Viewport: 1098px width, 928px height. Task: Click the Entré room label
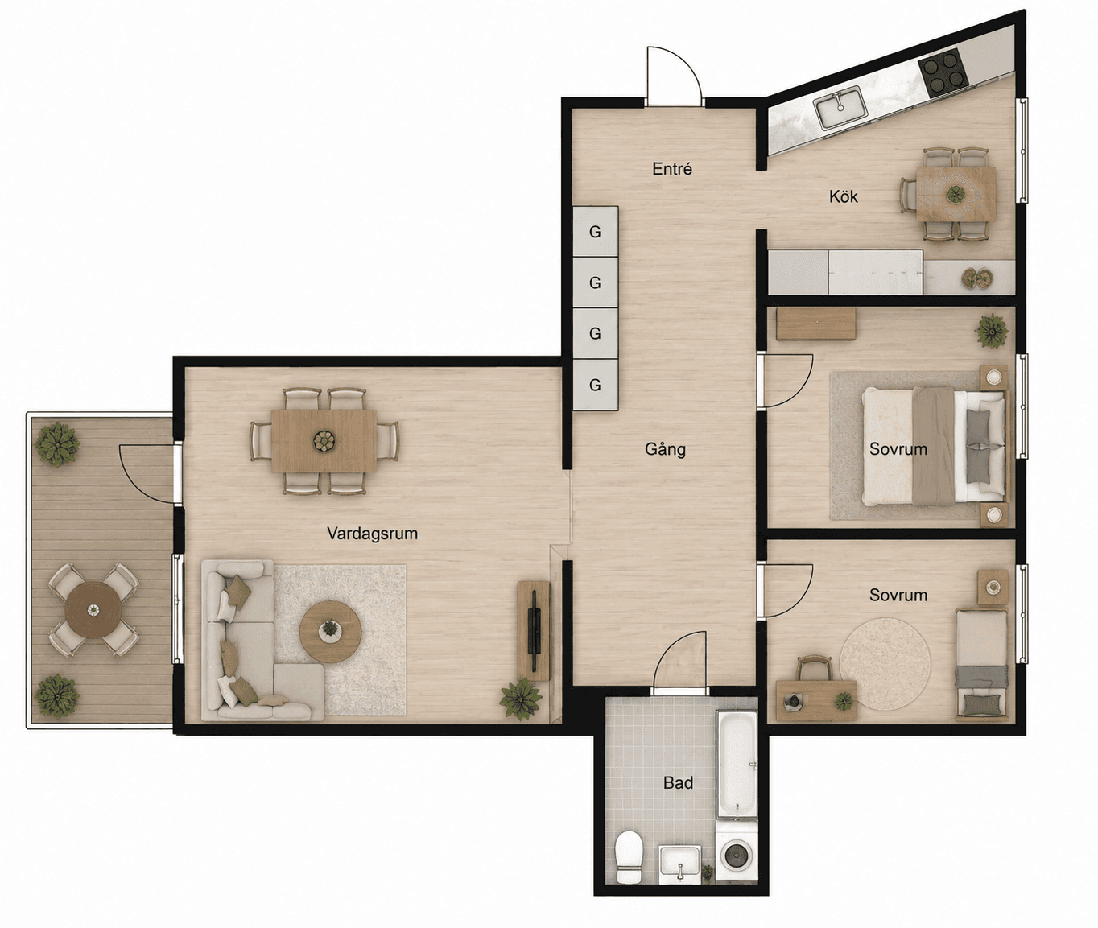coord(672,169)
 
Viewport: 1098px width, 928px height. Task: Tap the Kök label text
coord(844,196)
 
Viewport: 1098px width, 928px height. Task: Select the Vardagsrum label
coord(373,534)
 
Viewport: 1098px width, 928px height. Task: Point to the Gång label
coord(665,449)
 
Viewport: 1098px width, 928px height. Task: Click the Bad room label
coord(679,782)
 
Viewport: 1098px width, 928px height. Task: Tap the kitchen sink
coord(841,108)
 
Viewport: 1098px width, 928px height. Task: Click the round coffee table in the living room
coord(330,632)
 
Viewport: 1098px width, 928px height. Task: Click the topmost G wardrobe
coord(595,232)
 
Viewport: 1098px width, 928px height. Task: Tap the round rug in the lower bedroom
coord(885,664)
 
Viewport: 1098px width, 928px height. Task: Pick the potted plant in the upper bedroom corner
coord(993,331)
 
